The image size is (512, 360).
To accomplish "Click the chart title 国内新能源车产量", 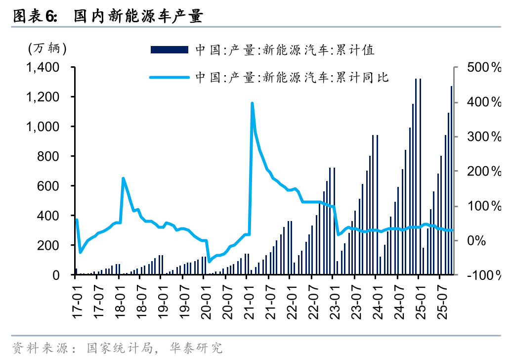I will pos(138,17).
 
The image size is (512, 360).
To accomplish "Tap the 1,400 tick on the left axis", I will pos(45,68).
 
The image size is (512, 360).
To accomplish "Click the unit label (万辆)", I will pos(46,48).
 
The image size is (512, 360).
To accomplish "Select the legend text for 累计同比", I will pos(292,77).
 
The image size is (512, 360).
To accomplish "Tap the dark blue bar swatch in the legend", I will pos(169,49).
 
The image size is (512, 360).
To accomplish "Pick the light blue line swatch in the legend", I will pos(169,77).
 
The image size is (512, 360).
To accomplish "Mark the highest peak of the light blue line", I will pos(252,103).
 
